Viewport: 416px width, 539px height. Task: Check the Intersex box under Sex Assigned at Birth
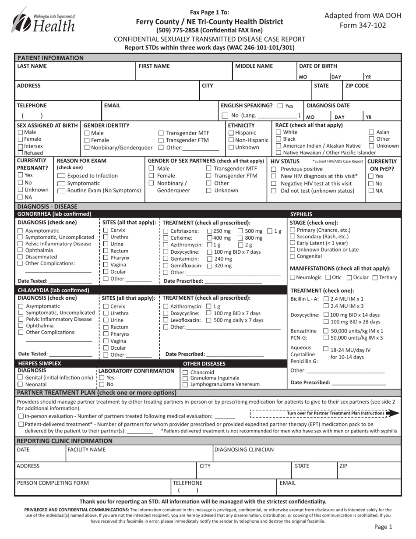point(20,146)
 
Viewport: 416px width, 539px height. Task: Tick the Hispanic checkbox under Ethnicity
point(231,133)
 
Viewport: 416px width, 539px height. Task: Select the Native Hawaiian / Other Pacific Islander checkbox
point(279,152)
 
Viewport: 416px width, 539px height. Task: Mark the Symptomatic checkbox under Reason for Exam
point(61,183)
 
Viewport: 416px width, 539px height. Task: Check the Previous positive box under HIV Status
point(274,169)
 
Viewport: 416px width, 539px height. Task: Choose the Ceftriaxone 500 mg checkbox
point(240,231)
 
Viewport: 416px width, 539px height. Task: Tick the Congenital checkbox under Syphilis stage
point(293,256)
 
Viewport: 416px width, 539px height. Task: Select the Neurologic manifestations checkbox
point(293,277)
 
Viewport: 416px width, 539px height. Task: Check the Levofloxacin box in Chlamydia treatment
point(166,320)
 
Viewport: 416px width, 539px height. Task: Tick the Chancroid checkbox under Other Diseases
point(185,372)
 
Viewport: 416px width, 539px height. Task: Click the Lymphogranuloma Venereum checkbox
point(185,384)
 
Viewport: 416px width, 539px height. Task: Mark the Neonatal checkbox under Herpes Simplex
point(20,384)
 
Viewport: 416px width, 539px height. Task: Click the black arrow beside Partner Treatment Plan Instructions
point(393,413)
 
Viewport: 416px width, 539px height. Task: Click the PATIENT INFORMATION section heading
point(50,58)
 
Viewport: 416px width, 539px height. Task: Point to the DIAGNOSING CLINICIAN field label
point(244,449)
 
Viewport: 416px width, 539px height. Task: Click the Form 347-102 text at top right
point(363,25)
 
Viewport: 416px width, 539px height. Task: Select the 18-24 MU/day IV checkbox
point(325,349)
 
